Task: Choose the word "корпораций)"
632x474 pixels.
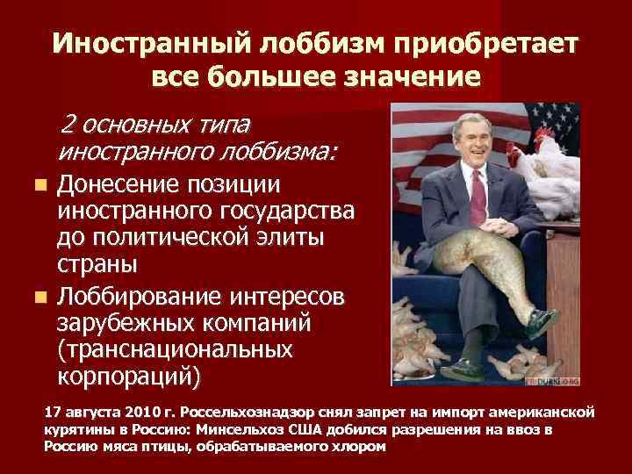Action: (128, 377)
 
